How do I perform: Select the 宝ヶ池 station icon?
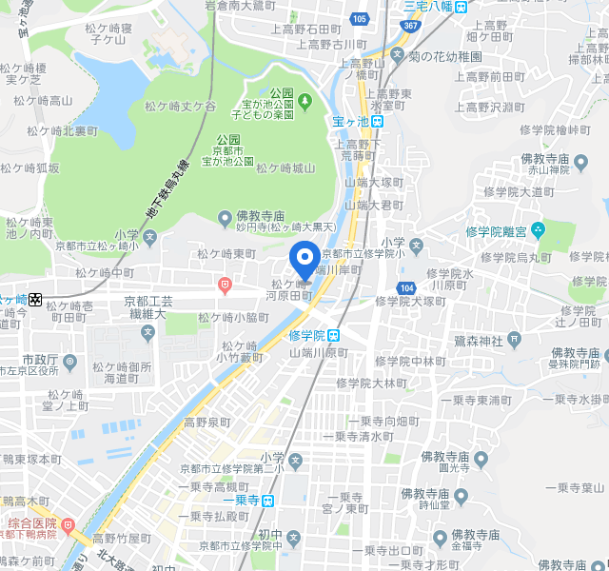[378, 121]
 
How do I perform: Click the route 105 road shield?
[359, 18]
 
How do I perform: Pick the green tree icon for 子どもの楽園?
[304, 99]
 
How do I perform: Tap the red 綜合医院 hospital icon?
[68, 524]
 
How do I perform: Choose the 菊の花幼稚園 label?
[444, 56]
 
